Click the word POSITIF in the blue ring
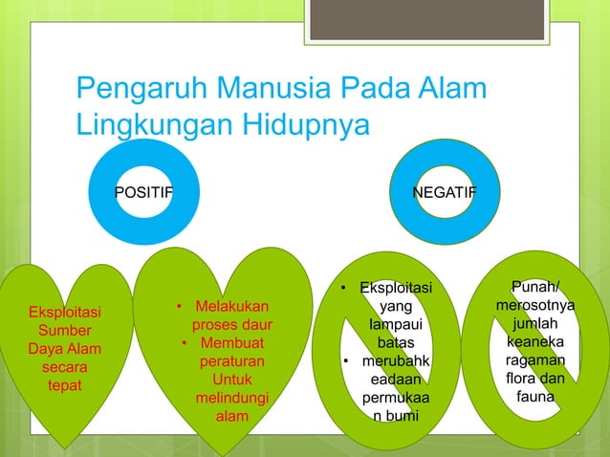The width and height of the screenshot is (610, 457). click(x=143, y=192)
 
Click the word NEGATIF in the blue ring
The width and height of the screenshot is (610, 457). click(x=445, y=192)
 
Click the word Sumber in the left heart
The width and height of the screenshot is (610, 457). click(x=66, y=331)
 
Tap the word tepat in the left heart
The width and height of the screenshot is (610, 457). click(x=65, y=385)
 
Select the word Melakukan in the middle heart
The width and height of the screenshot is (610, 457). click(x=232, y=307)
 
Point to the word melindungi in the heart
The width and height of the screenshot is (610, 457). click(x=231, y=398)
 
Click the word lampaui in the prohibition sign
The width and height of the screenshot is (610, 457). click(x=394, y=324)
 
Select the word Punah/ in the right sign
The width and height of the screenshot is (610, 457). click(x=535, y=287)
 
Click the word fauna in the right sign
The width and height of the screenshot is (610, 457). click(x=535, y=396)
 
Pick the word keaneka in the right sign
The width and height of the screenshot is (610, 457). click(x=535, y=341)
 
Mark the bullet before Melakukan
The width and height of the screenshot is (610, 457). click(x=180, y=307)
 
